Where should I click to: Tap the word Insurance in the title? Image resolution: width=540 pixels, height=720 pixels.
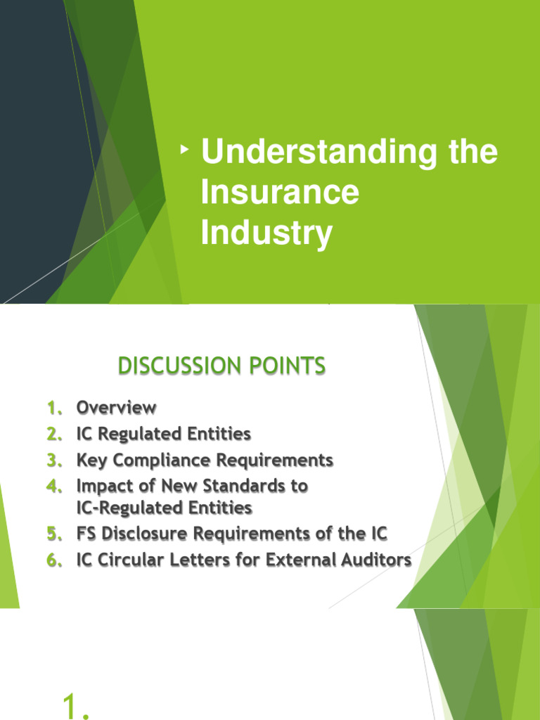pyautogui.click(x=280, y=193)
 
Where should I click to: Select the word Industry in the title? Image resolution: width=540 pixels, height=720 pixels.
pyautogui.click(x=266, y=233)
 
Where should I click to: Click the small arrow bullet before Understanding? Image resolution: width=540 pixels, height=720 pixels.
pyautogui.click(x=185, y=150)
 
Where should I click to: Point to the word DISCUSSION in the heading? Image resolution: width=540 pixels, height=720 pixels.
pyautogui.click(x=174, y=366)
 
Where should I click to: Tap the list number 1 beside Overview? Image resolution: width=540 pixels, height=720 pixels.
pyautogui.click(x=54, y=408)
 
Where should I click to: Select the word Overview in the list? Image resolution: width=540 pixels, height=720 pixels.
pyautogui.click(x=116, y=408)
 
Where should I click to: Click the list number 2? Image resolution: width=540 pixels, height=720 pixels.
pyautogui.click(x=55, y=435)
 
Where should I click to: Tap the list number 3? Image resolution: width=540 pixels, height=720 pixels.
pyautogui.click(x=55, y=461)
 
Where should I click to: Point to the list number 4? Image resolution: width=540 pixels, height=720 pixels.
pyautogui.click(x=55, y=487)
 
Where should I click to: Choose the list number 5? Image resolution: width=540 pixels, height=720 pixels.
pyautogui.click(x=55, y=534)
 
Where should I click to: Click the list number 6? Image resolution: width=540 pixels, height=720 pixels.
pyautogui.click(x=55, y=560)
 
